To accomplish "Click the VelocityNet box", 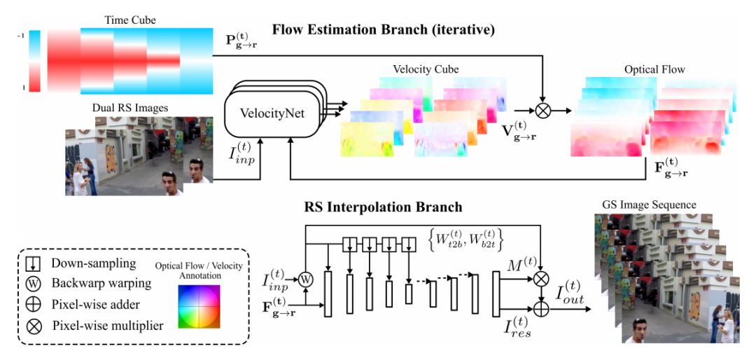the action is pyautogui.click(x=271, y=116).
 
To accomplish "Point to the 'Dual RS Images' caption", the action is pyautogui.click(x=129, y=108).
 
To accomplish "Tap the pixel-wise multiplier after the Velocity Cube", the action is pyautogui.click(x=543, y=111).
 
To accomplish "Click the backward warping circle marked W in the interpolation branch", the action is pyautogui.click(x=305, y=279).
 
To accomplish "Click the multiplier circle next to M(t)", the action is pyautogui.click(x=543, y=279).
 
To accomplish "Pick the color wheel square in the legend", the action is pyautogui.click(x=199, y=307).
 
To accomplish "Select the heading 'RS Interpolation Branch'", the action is pyautogui.click(x=384, y=207).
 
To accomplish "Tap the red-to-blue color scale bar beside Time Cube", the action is pyautogui.click(x=34, y=61).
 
